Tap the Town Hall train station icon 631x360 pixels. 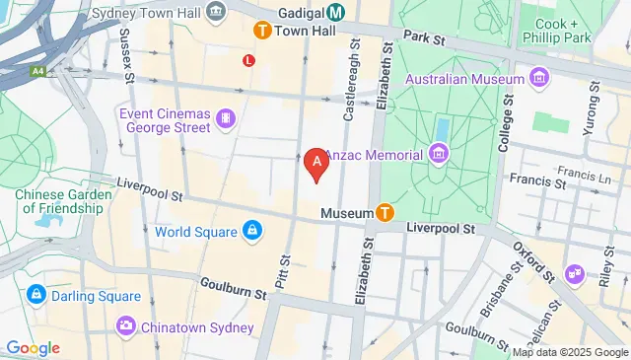pyautogui.click(x=262, y=31)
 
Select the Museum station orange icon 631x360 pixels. pyautogui.click(x=385, y=212)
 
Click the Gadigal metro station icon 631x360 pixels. pyautogui.click(x=336, y=12)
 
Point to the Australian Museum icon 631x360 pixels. pyautogui.click(x=538, y=77)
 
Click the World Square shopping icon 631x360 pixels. pyautogui.click(x=252, y=231)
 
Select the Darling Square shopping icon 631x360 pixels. pyautogui.click(x=36, y=294)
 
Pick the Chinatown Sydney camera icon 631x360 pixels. pyautogui.click(x=126, y=325)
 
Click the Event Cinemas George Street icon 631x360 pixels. pyautogui.click(x=227, y=119)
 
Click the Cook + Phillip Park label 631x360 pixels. pyautogui.click(x=571, y=31)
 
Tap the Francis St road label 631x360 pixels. pyautogui.click(x=536, y=179)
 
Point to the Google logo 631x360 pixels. pyautogui.click(x=33, y=348)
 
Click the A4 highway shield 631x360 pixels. pyautogui.click(x=37, y=71)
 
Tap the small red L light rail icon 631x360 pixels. pyautogui.click(x=248, y=60)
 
